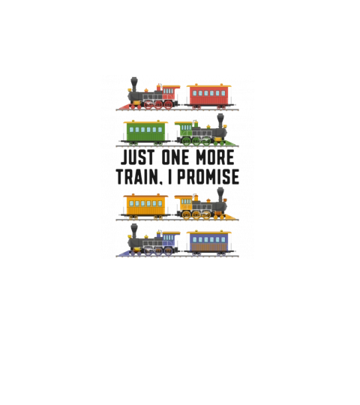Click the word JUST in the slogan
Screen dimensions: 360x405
(x=138, y=157)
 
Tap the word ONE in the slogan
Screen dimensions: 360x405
(x=175, y=157)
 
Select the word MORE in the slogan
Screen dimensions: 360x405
(x=214, y=157)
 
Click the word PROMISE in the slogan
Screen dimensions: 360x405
(x=208, y=177)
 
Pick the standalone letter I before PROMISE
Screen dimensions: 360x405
(x=169, y=177)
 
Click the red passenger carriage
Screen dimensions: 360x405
(x=209, y=96)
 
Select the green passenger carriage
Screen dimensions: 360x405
(x=145, y=133)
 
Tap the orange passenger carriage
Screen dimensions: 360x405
(x=145, y=206)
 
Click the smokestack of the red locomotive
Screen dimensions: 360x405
(x=134, y=84)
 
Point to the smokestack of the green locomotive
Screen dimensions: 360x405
(x=220, y=121)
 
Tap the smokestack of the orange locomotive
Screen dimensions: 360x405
(x=220, y=194)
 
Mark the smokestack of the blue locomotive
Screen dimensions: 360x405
(x=134, y=231)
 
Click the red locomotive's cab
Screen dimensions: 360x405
(x=170, y=94)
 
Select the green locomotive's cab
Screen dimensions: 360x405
(x=184, y=130)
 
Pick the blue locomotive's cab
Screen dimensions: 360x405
(x=170, y=240)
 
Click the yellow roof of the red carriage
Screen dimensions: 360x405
(x=209, y=85)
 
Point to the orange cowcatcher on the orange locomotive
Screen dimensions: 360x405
(x=231, y=217)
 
